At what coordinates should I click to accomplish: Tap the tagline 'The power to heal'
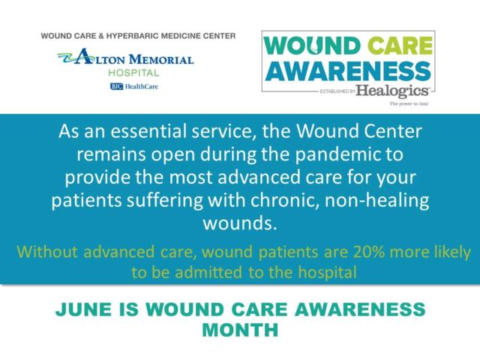click(411, 104)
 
